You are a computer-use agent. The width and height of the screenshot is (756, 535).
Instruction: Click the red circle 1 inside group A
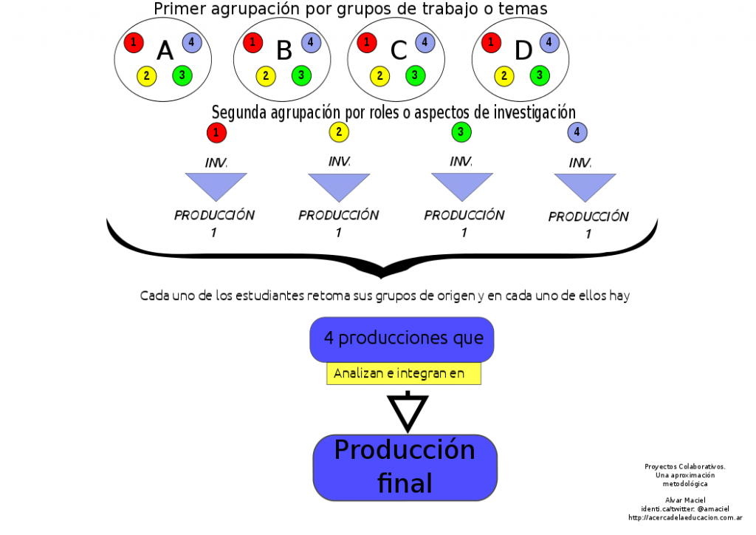pyautogui.click(x=134, y=42)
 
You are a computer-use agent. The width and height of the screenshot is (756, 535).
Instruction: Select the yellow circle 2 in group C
pyautogui.click(x=379, y=75)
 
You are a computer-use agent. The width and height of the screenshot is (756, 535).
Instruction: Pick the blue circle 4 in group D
pyautogui.click(x=549, y=42)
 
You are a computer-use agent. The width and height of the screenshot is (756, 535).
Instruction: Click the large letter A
pyautogui.click(x=165, y=51)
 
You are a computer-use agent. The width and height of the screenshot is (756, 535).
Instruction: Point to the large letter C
pyautogui.click(x=399, y=51)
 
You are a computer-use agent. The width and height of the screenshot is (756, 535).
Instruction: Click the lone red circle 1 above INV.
pyautogui.click(x=216, y=133)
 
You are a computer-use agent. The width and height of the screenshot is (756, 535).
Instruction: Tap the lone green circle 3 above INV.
pyautogui.click(x=461, y=133)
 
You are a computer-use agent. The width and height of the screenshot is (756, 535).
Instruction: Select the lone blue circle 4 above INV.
pyautogui.click(x=578, y=133)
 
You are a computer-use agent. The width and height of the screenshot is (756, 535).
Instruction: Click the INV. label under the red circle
pyautogui.click(x=216, y=163)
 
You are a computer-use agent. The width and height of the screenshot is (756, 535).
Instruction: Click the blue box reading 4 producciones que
pyautogui.click(x=402, y=338)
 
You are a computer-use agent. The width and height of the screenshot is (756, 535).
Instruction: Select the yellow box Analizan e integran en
pyautogui.click(x=403, y=373)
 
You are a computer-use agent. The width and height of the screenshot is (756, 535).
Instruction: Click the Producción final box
pyautogui.click(x=405, y=467)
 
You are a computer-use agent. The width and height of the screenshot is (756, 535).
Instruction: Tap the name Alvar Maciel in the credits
pyautogui.click(x=685, y=500)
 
